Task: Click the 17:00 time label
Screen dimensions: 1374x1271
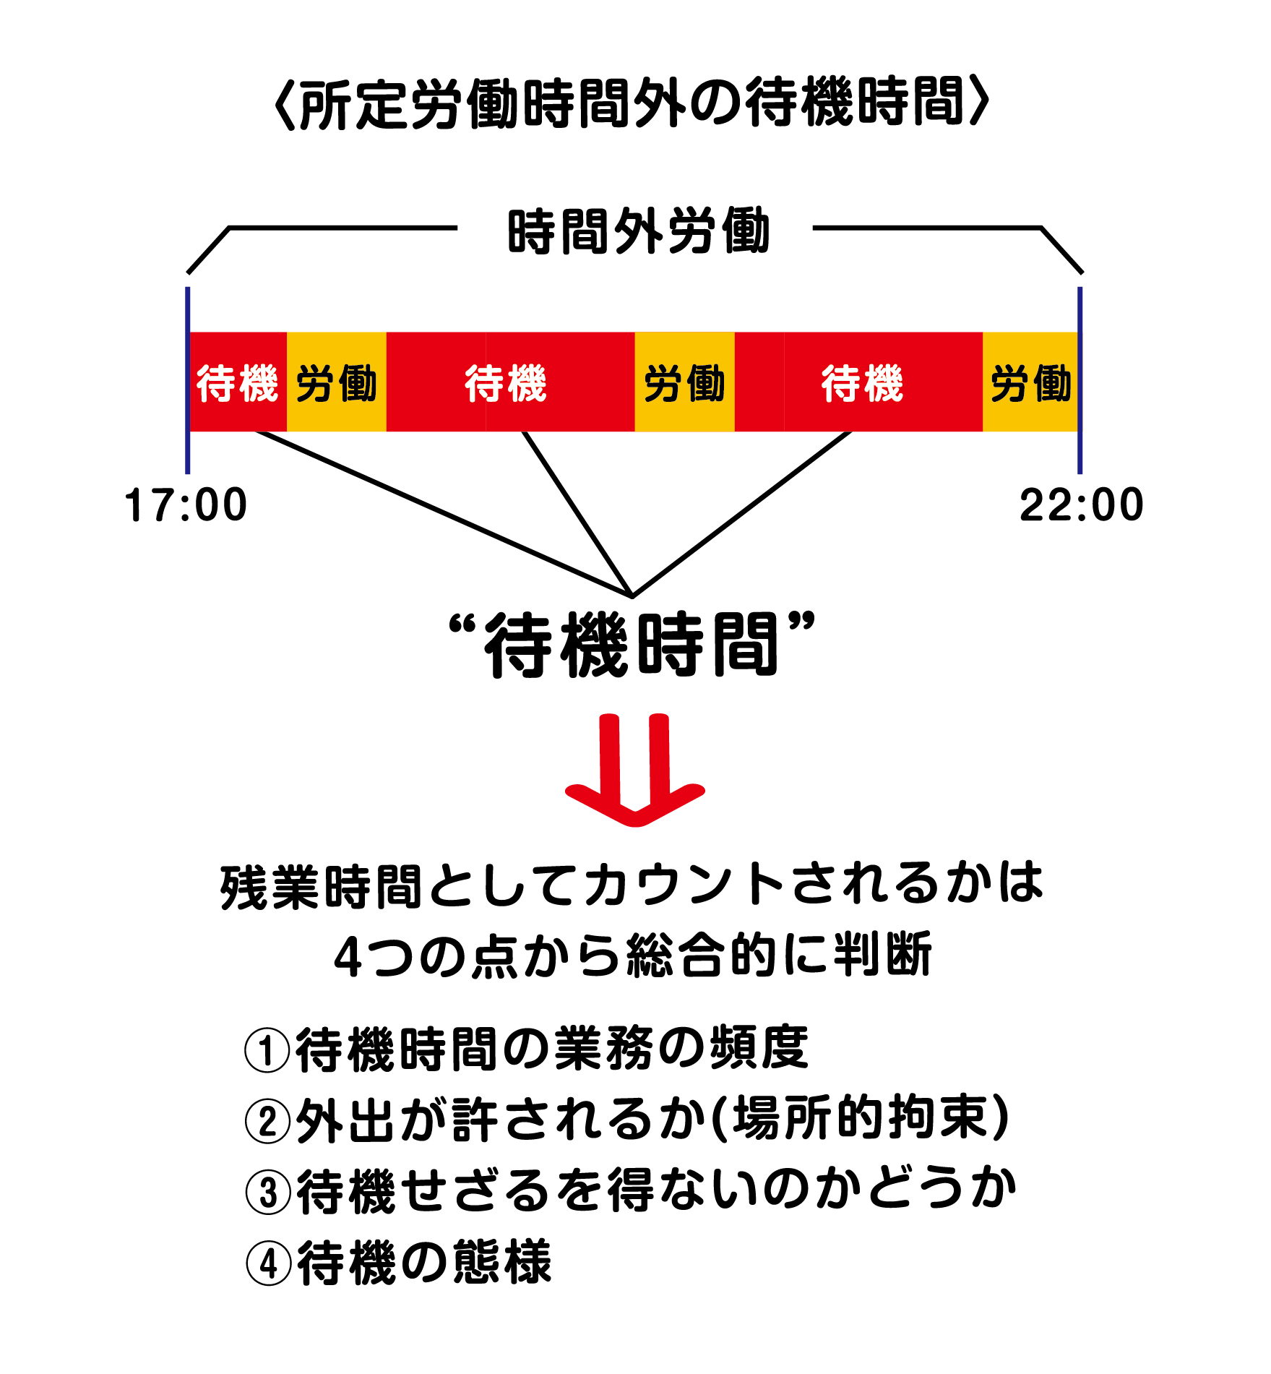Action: click(186, 504)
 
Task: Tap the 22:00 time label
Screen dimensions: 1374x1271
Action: click(1081, 504)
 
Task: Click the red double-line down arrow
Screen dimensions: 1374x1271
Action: click(634, 770)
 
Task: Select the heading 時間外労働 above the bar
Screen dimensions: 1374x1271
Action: click(639, 232)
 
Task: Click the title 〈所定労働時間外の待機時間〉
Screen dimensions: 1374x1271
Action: click(632, 103)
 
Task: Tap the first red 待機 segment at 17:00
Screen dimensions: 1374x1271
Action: click(238, 382)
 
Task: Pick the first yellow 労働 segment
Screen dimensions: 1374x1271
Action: click(337, 382)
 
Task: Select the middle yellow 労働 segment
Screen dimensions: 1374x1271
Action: click(684, 382)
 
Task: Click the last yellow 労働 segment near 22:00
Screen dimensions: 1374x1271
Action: click(1030, 382)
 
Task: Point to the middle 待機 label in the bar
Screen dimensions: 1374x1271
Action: click(506, 382)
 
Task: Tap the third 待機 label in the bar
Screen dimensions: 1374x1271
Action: click(862, 382)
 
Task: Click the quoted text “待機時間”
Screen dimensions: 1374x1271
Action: click(632, 645)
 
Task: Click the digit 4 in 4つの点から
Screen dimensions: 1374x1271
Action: click(348, 956)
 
